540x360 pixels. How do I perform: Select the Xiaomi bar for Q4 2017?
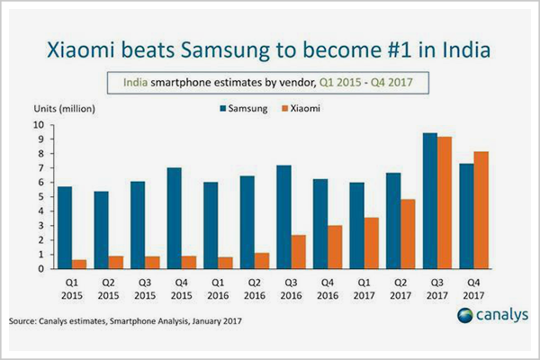coord(481,210)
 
